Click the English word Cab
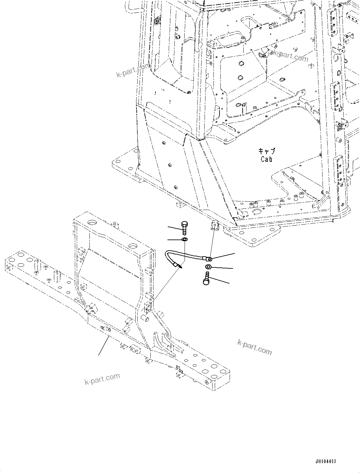pyautogui.click(x=266, y=159)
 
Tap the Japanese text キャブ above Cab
pyautogui.click(x=266, y=151)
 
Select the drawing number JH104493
pyautogui.click(x=325, y=461)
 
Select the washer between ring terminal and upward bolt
pyautogui.click(x=209, y=266)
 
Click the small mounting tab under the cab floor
pyautogui.click(x=216, y=226)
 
